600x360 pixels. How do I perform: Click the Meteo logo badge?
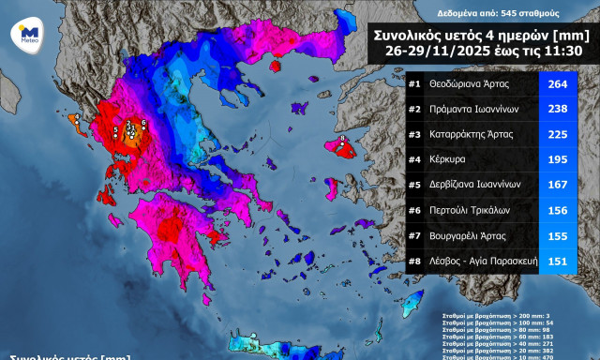[x=24, y=34]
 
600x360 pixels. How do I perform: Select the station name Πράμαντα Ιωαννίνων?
[x=473, y=109]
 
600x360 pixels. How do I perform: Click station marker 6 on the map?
[x=143, y=123]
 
